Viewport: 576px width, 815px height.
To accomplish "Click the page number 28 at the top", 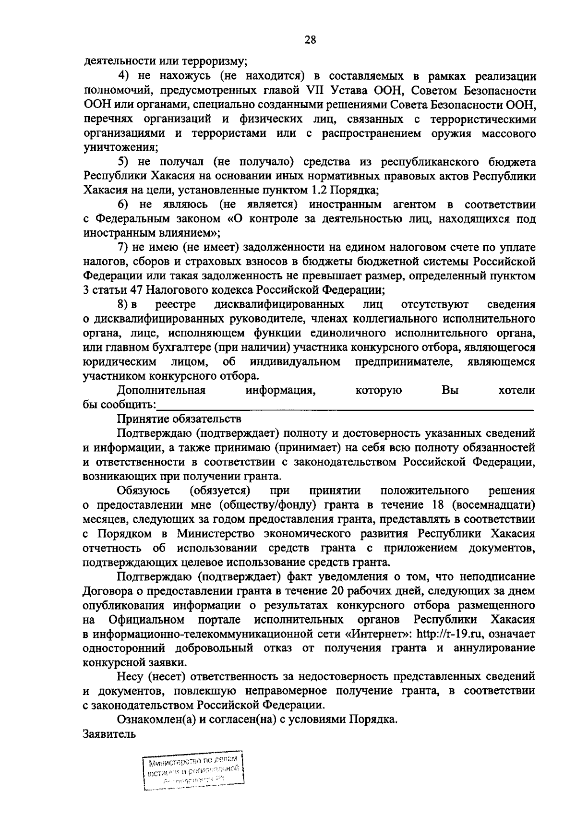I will (x=310, y=40).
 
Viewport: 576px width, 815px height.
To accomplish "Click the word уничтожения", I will (x=120, y=147).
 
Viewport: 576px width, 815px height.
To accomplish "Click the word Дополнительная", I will (x=162, y=390).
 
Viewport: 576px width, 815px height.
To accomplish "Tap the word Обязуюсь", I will (x=143, y=491).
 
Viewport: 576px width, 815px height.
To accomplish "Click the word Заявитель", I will (x=109, y=734).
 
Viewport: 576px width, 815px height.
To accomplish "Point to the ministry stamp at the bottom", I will (x=193, y=771).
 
